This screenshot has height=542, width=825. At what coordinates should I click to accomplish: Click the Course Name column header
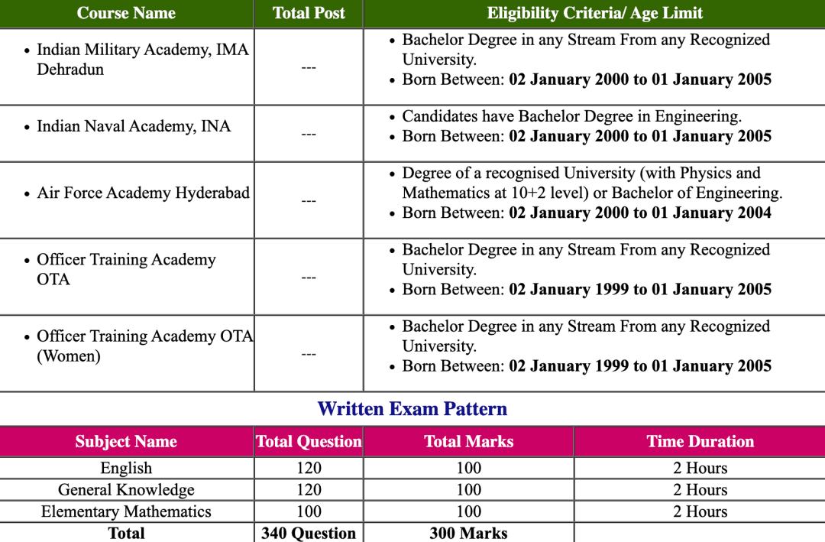point(126,13)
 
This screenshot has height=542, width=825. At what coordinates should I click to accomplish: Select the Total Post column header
point(309,13)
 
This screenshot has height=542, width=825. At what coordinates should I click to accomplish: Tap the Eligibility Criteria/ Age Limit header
point(594,13)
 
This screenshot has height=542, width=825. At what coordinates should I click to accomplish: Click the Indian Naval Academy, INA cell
point(134,126)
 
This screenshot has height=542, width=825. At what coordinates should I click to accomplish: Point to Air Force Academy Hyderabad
point(143,193)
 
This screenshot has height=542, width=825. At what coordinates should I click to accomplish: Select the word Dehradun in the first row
point(70,70)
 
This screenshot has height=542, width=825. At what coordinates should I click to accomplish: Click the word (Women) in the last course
point(69,356)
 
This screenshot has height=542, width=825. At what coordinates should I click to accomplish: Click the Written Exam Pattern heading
point(412,409)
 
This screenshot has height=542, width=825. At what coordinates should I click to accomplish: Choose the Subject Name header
point(126,442)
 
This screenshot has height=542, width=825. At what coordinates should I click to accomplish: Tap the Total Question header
point(309,442)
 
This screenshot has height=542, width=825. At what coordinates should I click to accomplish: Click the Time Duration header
point(700,442)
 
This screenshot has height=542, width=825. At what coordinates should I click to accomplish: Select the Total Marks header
point(468,442)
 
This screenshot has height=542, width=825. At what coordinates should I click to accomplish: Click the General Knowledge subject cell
point(126,490)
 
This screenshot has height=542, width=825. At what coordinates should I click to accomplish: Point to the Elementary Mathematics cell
point(126,511)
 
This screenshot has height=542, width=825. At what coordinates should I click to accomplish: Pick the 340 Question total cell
point(309,533)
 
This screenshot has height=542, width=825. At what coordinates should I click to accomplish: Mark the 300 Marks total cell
point(468,533)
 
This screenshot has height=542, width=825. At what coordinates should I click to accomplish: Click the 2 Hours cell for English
point(700,468)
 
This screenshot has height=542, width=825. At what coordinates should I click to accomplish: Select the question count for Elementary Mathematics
point(309,511)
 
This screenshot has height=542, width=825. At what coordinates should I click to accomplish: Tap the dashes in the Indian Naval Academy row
point(309,135)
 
